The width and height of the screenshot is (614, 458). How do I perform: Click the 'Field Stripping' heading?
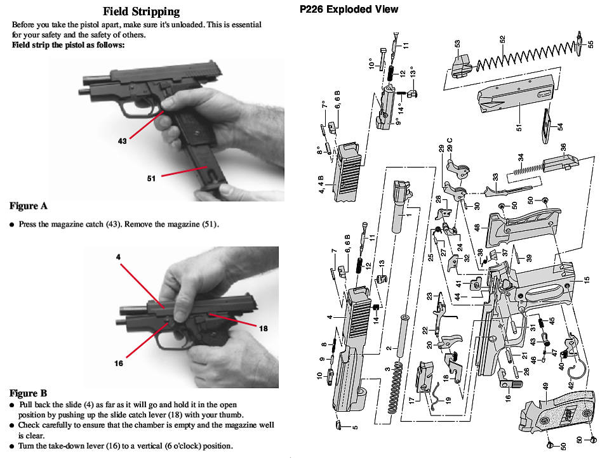point(141,11)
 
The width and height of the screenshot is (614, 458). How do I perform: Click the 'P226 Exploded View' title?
point(349,9)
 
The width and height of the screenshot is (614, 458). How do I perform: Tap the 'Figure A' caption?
point(28,206)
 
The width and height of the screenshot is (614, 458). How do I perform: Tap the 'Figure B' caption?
point(28,393)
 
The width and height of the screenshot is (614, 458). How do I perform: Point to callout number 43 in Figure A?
point(122,141)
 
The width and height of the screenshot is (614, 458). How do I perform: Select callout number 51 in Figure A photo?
point(151,178)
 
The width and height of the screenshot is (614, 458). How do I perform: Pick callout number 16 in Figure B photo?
point(118,363)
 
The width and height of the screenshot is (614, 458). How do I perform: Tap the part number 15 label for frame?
point(587,279)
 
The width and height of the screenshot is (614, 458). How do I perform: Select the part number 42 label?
point(571,384)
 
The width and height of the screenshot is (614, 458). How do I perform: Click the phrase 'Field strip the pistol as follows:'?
point(68,45)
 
